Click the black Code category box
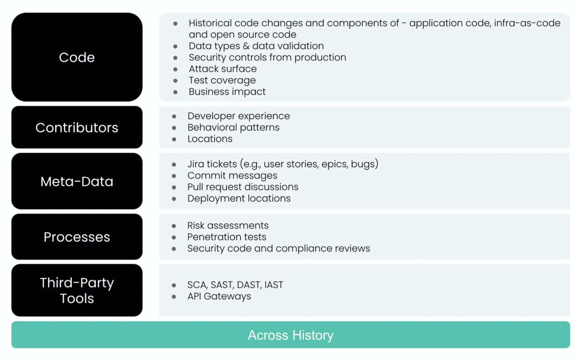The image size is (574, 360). pos(77,57)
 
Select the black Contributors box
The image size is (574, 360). pos(77,127)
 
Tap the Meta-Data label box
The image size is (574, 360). pos(77,181)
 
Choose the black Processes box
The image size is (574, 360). pos(77,237)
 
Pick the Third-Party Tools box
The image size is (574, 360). pos(77,290)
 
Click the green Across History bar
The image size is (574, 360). pos(290,335)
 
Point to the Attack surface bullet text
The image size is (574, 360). pos(223,69)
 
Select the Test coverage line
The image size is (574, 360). pos(222,80)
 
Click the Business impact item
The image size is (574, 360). pos(227,92)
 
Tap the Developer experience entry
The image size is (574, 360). pos(239,116)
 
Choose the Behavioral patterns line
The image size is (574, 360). pos(233,127)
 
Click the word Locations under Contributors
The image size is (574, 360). pos(210,139)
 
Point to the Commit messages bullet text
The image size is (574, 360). pos(232,175)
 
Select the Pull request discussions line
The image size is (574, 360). pos(243,187)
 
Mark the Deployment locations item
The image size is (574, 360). pos(239,198)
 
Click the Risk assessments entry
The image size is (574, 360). pos(228,225)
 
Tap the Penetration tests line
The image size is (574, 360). pos(227,237)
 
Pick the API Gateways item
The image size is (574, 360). pos(219,296)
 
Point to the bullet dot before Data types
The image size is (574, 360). pos(175,46)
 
